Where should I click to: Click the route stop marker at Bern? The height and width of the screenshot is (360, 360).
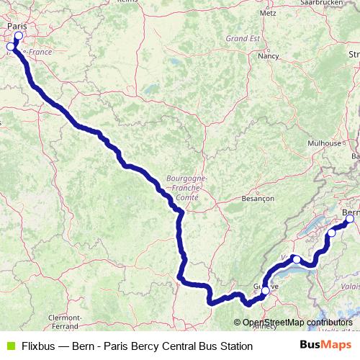351,220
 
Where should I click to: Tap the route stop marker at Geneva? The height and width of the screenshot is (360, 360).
265,290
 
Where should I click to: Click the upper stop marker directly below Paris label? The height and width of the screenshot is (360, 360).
18,36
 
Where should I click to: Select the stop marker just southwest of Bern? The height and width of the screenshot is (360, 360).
331,233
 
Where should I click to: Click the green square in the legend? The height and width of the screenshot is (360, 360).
10,346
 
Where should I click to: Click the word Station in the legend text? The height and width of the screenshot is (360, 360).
235,346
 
